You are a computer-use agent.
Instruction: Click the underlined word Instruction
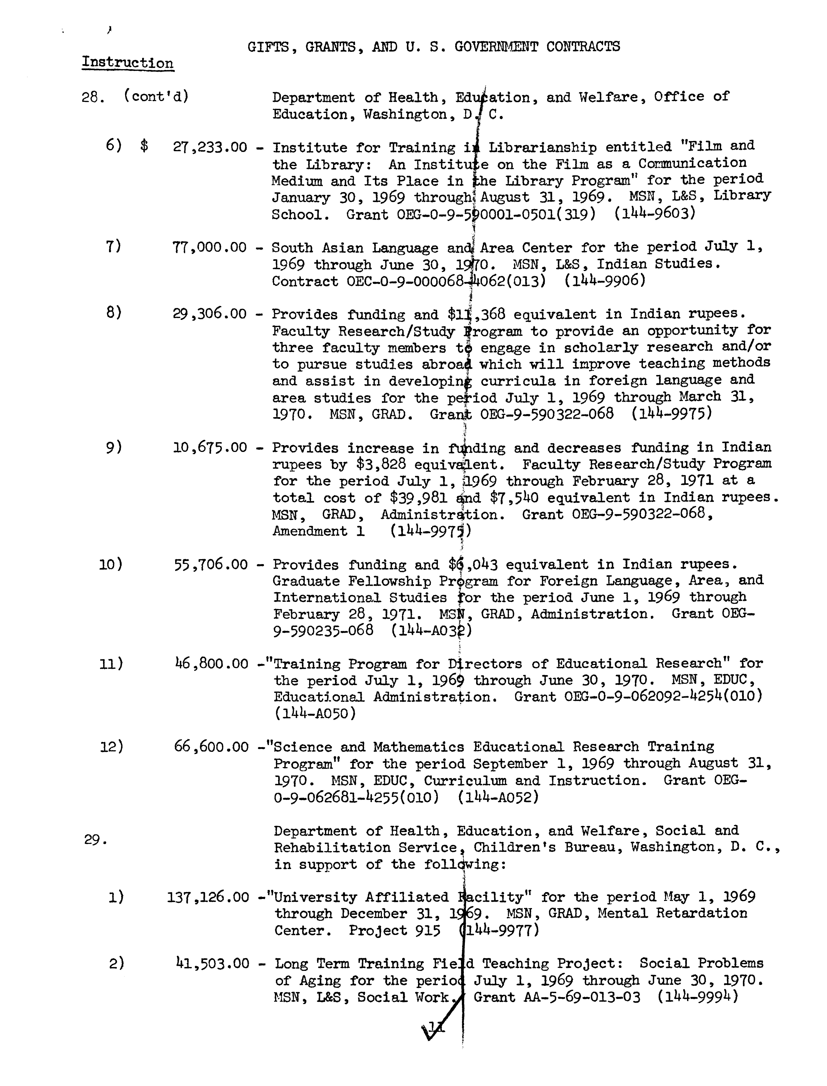tap(127, 63)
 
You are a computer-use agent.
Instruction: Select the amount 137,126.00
tap(208, 897)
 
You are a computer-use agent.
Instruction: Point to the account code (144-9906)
tap(604, 280)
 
